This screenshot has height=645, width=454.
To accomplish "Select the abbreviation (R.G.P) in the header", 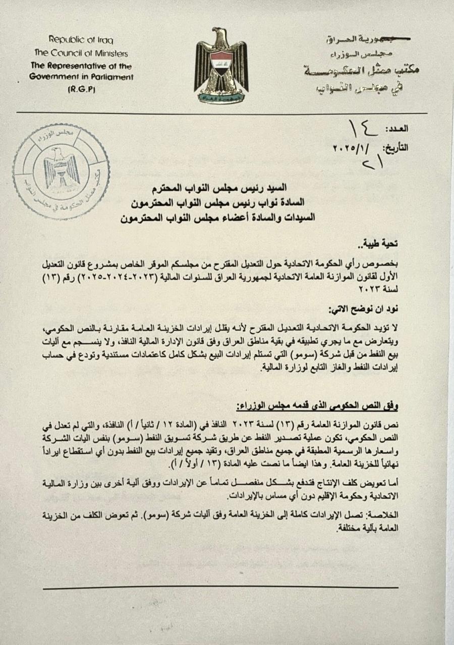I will (81, 89).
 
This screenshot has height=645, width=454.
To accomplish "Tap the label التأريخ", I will (395, 148).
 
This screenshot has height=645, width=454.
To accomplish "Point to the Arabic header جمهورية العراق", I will (356, 39).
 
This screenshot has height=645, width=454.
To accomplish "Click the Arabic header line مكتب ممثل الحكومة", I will (361, 70).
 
